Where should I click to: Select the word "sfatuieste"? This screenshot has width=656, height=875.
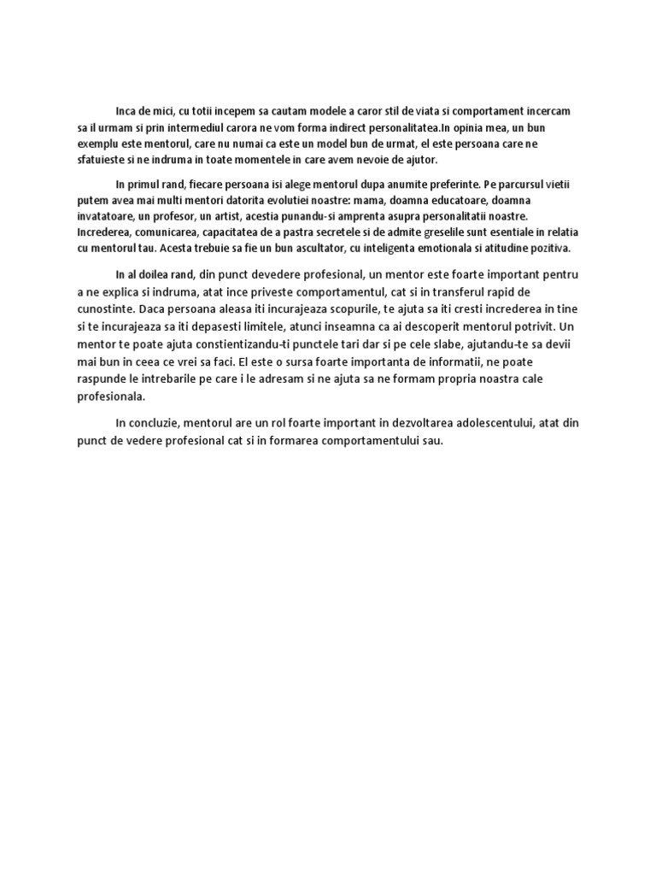101,160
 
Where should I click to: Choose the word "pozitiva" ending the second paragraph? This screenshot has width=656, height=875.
551,249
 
